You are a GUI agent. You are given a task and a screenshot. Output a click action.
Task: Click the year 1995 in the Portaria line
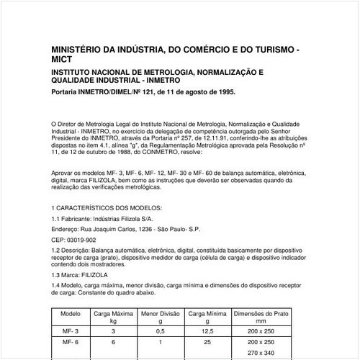222,93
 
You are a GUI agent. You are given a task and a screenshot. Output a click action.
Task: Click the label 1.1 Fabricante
71,217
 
